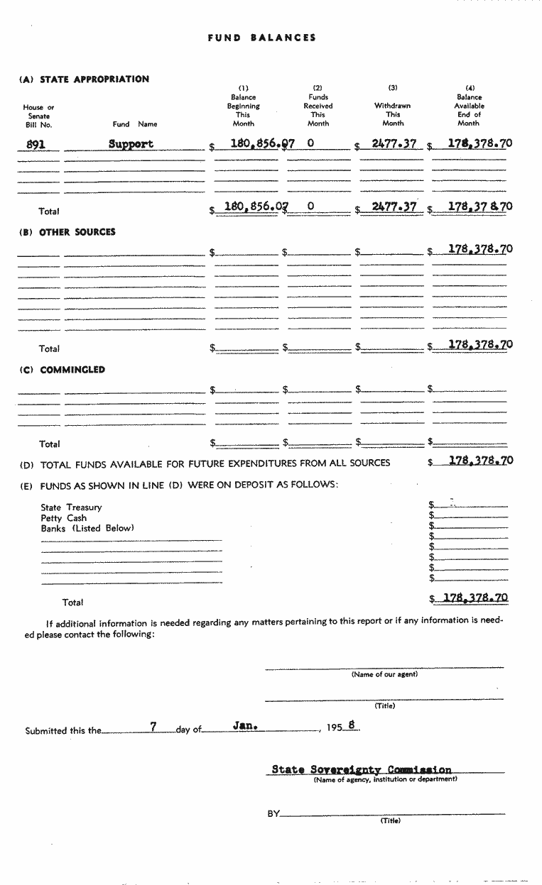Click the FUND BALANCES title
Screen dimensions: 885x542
tap(261, 38)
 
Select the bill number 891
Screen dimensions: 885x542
tap(36, 144)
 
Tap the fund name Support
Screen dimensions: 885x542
tap(131, 144)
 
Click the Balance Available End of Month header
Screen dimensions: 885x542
tap(469, 106)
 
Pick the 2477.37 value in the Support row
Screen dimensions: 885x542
tap(394, 144)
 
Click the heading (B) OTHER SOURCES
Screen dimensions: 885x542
tap(67, 232)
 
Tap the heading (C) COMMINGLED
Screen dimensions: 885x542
tap(63, 370)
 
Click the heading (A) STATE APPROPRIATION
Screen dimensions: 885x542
tap(85, 79)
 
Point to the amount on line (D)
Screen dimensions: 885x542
tap(480, 461)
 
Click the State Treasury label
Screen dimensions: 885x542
tap(71, 507)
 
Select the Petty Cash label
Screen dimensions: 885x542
tap(63, 518)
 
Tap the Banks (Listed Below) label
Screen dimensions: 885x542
tap(87, 529)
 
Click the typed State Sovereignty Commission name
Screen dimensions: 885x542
tap(361, 769)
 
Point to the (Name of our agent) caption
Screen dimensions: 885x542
tap(384, 675)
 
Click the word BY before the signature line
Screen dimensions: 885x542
tap(273, 814)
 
